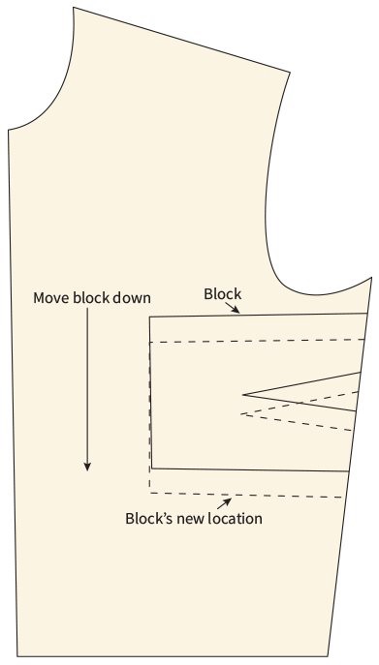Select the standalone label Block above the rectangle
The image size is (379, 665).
[222, 293]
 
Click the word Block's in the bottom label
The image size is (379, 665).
[148, 518]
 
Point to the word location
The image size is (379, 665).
[233, 518]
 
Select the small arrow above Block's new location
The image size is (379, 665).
[226, 501]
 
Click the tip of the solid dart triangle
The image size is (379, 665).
[243, 394]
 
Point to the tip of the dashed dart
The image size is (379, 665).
[240, 415]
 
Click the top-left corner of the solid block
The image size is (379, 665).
[150, 317]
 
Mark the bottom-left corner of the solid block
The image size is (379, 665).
[152, 469]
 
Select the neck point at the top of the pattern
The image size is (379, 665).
[73, 8]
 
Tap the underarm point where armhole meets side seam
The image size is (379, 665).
[371, 279]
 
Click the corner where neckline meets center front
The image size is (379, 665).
[9, 130]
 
